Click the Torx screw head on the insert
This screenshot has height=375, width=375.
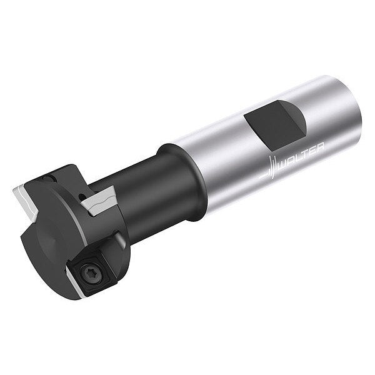tap(92, 272)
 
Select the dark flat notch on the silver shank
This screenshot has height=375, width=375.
tap(275, 126)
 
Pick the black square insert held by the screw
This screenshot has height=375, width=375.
tap(92, 271)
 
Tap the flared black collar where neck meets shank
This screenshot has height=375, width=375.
tap(184, 182)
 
